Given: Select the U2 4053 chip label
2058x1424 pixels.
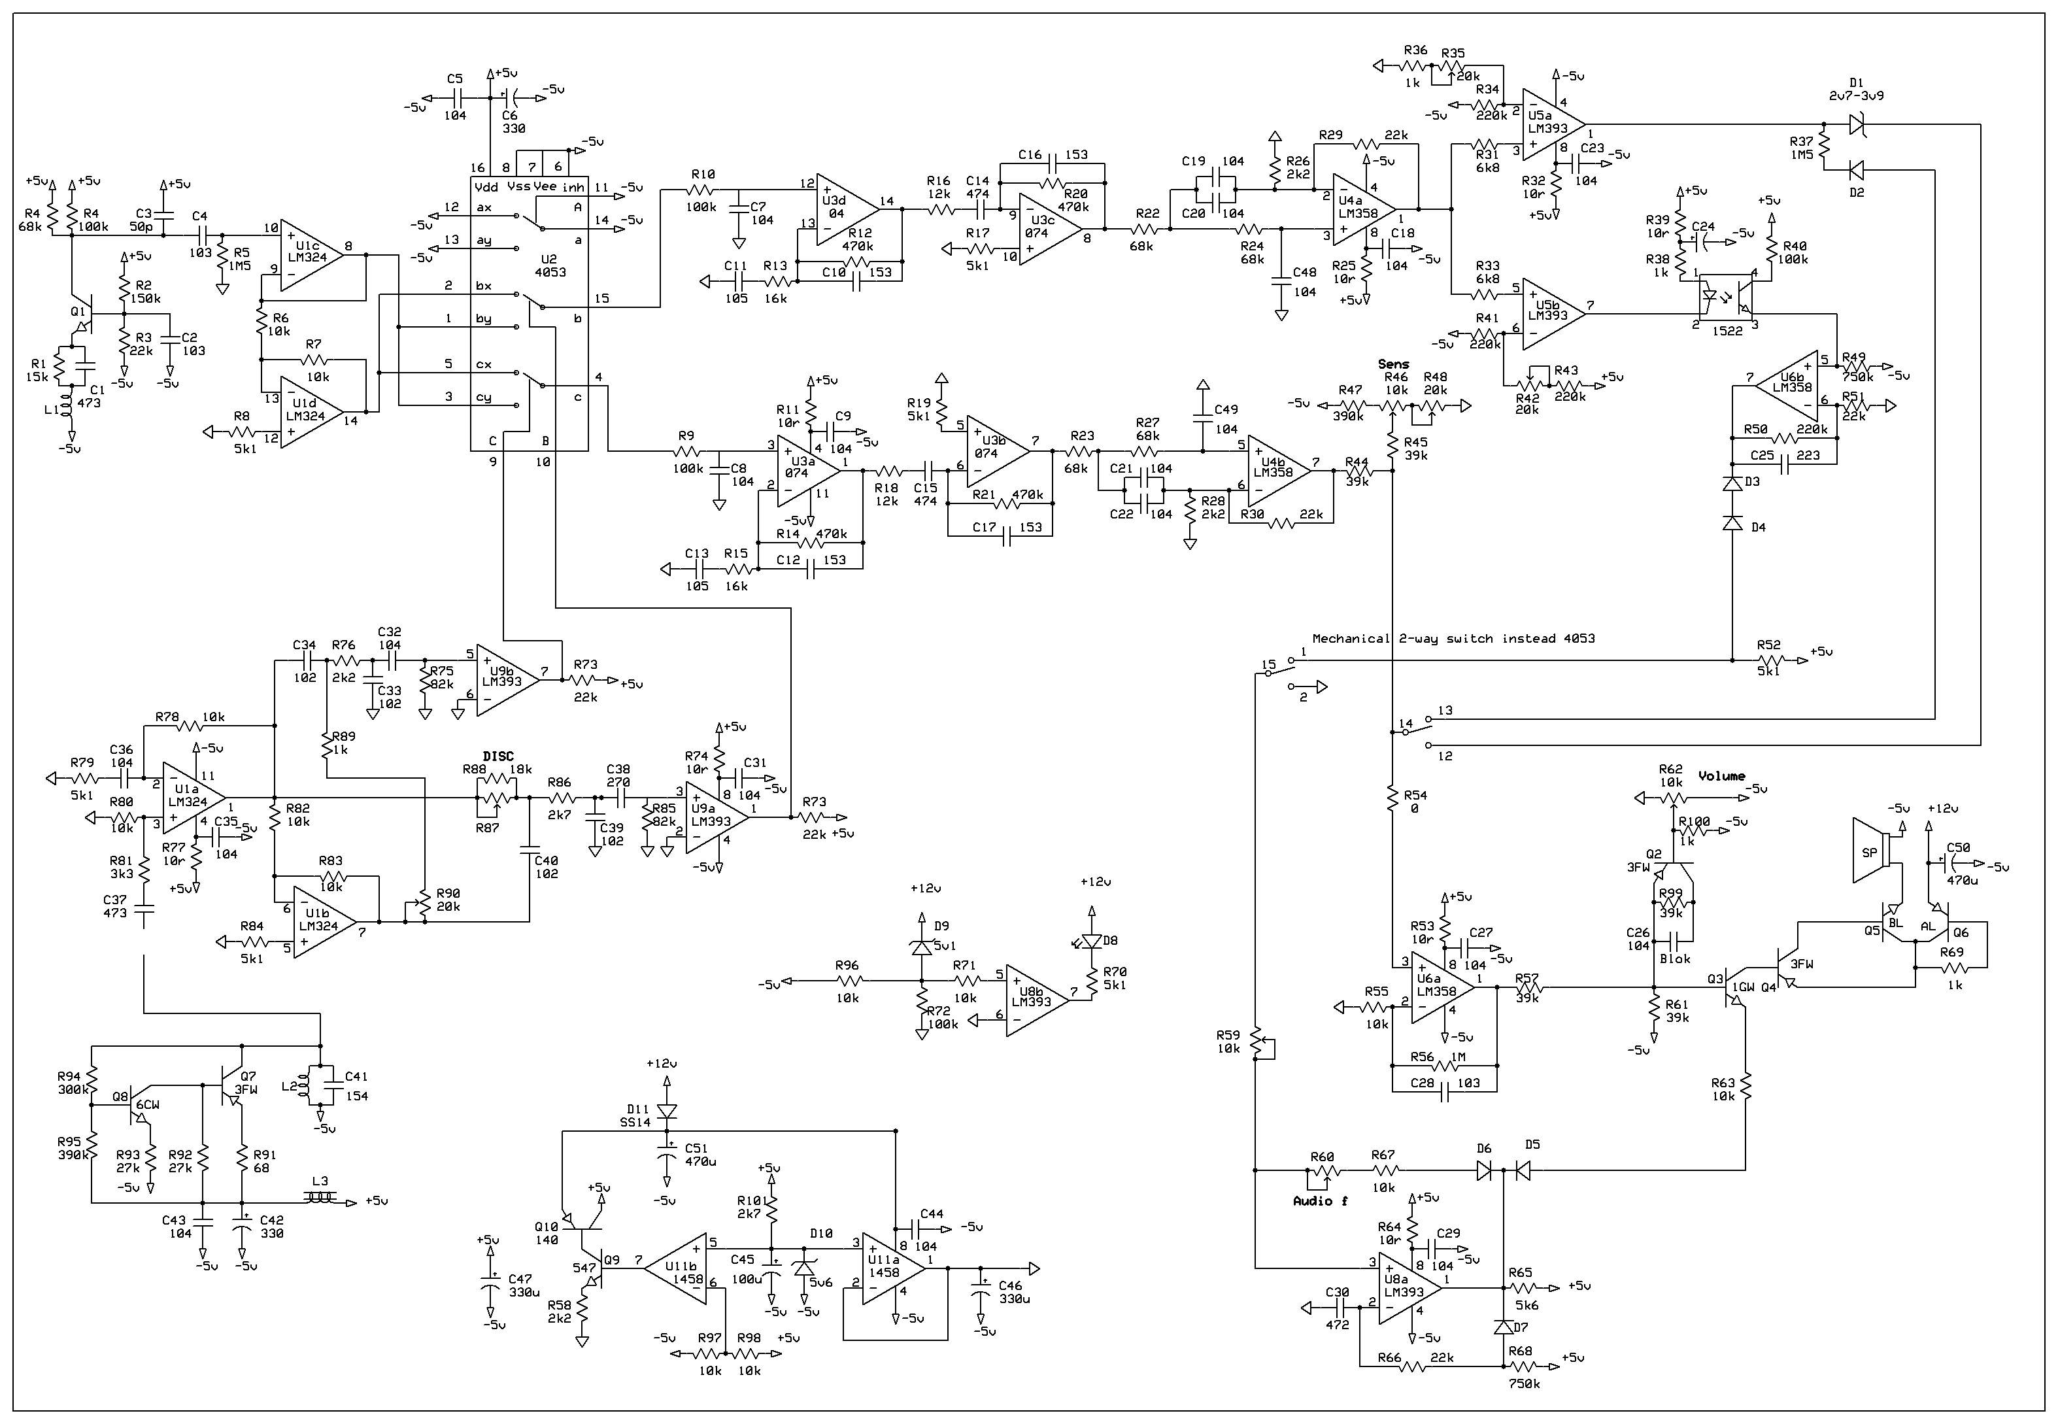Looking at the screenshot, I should (550, 265).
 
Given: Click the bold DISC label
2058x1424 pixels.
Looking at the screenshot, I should (498, 756).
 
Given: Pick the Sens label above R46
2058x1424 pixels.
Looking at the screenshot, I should (1392, 363).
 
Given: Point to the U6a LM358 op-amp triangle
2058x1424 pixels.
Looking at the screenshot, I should (1438, 985).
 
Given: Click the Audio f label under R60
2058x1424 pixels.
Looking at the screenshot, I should (1321, 1201).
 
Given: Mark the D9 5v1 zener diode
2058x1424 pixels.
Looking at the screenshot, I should (922, 947).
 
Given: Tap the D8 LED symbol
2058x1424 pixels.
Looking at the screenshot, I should (1090, 940).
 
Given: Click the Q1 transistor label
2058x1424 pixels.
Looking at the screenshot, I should (78, 311).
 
